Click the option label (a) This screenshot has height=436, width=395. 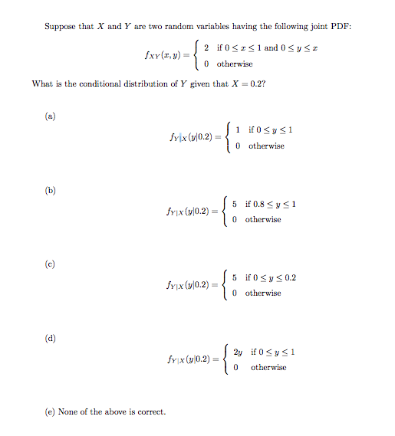[51, 116]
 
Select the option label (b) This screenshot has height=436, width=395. [51, 190]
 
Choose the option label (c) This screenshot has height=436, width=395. [51, 263]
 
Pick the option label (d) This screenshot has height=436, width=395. [51, 336]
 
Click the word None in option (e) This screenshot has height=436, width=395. [71, 412]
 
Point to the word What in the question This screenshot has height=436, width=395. [42, 84]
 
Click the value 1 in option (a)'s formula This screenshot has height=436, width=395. [240, 129]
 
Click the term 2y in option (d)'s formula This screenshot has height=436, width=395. [237, 352]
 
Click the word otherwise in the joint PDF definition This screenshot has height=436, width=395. [235, 64]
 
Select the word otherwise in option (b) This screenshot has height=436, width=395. [263, 219]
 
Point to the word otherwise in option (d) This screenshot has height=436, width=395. [268, 367]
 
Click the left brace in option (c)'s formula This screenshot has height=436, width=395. [223, 285]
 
